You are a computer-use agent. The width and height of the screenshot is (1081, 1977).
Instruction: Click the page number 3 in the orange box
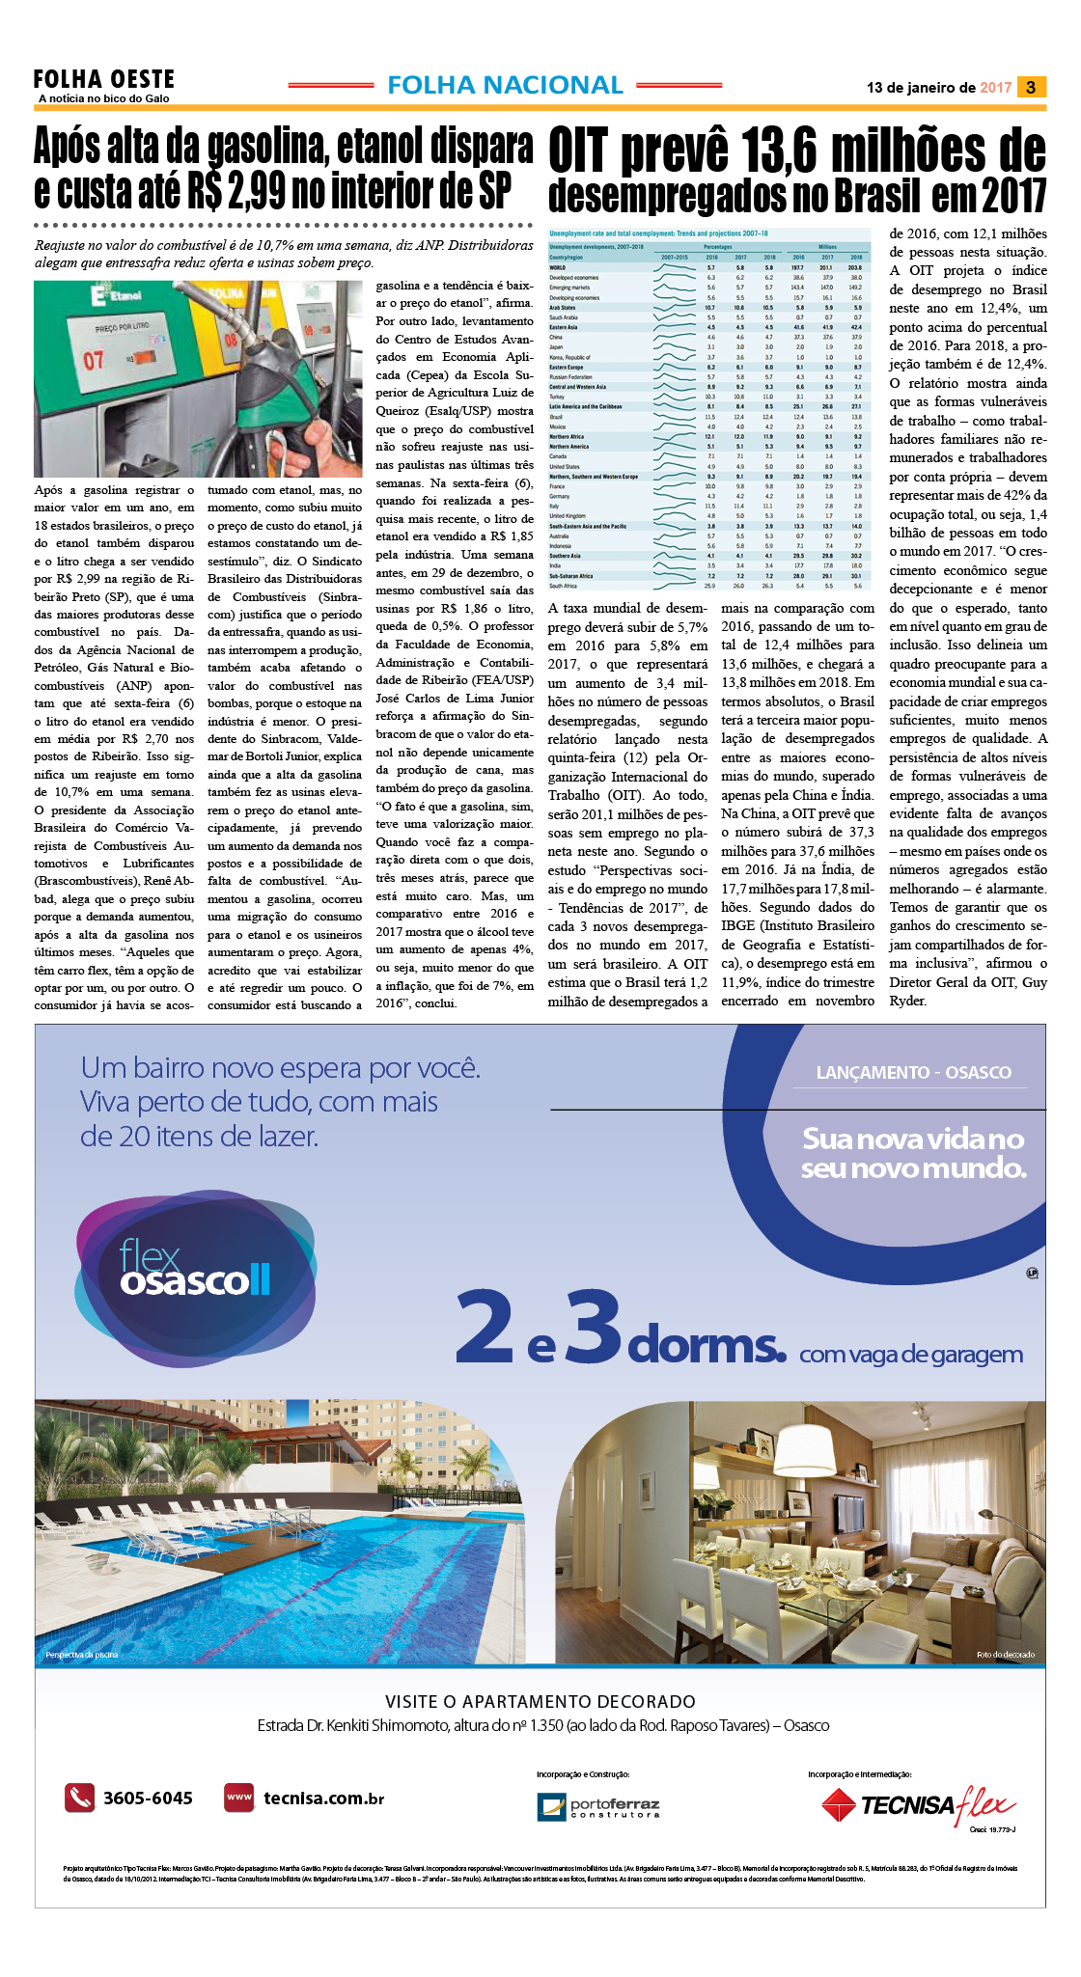[1031, 88]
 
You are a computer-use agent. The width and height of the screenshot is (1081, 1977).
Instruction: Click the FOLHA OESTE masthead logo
[104, 80]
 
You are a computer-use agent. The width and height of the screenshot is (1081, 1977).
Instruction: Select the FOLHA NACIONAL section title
[505, 86]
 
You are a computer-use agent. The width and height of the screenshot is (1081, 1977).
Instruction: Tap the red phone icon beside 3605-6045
[79, 1798]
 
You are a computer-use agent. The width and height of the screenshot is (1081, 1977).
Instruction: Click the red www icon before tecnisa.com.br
[238, 1798]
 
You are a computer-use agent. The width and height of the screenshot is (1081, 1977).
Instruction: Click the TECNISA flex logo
[917, 1804]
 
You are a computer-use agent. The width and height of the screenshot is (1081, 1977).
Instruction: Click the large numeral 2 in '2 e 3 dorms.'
[485, 1327]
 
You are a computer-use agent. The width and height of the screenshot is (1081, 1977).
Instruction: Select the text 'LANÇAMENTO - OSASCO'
[913, 1072]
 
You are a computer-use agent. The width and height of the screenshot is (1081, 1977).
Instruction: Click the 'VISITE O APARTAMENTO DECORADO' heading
[540, 1701]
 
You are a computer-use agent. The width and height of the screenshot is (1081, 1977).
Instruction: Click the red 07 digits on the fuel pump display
[93, 361]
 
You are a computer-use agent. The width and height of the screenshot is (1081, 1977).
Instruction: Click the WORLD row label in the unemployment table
[558, 267]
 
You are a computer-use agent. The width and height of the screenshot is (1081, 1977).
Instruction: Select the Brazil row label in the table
[556, 417]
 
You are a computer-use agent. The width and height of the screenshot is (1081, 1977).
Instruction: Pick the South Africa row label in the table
[563, 586]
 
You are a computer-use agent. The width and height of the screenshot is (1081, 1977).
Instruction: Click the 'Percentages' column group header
[718, 247]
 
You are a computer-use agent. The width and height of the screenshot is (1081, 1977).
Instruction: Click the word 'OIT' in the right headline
[578, 154]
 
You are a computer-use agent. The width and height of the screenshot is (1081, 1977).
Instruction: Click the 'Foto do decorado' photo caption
[1005, 1655]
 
